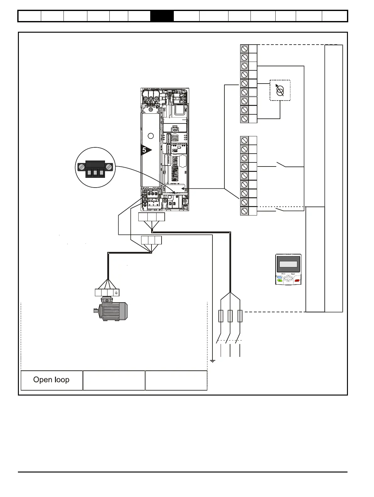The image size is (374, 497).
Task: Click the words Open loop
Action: coord(51,380)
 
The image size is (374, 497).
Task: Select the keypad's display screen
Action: coord(288,264)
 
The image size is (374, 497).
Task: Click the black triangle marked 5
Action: coord(146,150)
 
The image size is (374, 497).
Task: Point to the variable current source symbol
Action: coord(280,90)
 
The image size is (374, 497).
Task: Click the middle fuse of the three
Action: coord(230,316)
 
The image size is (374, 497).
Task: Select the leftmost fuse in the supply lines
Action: coord(221,316)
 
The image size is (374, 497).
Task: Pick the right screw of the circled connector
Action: coord(109,167)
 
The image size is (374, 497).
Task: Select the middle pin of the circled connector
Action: coord(95,172)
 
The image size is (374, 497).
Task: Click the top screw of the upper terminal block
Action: coord(245,49)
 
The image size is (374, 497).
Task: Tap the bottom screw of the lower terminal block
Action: coord(245,211)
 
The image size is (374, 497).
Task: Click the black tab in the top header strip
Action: coord(162,16)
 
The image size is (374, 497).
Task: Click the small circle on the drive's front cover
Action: coord(151,136)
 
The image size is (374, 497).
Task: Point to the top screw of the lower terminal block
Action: coord(245,140)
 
